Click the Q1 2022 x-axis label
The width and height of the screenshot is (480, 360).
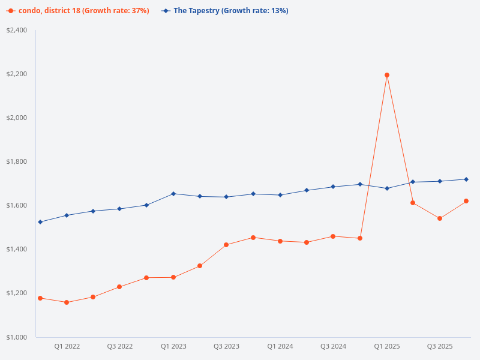67,346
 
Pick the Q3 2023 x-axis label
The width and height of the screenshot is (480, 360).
227,346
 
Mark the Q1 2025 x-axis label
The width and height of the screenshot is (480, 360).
387,346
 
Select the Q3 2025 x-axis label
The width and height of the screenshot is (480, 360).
440,346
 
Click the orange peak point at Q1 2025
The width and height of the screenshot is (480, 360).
387,75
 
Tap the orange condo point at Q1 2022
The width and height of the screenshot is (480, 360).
67,302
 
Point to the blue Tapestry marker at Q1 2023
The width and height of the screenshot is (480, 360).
173,194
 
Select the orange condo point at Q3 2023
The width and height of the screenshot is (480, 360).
226,245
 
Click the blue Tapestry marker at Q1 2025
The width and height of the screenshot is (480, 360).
387,188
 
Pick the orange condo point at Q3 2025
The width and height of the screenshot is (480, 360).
440,218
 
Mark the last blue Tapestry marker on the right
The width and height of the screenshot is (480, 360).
466,179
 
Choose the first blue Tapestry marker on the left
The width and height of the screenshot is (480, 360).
40,222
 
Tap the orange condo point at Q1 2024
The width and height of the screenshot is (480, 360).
280,241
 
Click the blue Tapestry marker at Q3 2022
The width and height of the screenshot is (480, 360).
119,209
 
